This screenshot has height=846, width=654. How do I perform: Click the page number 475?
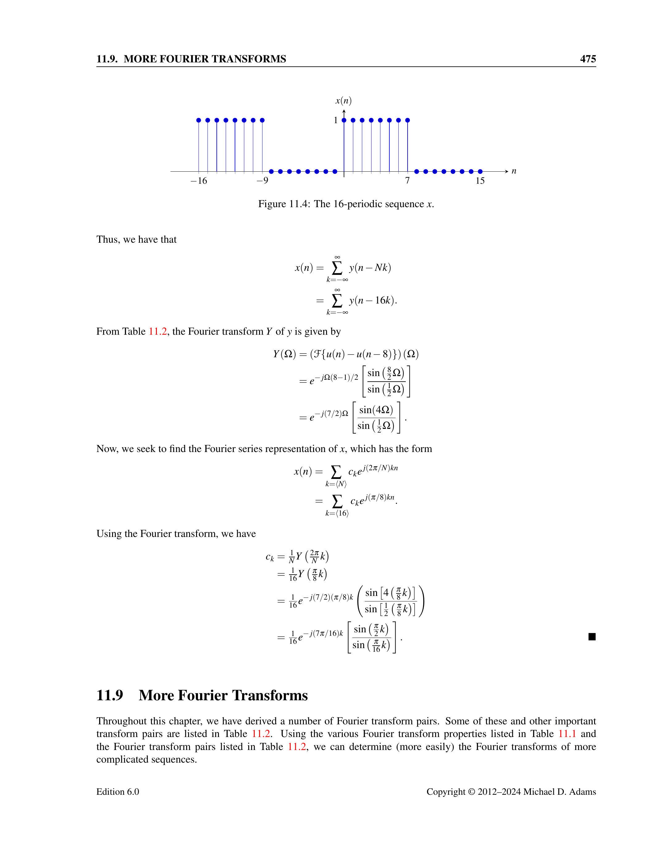[587, 59]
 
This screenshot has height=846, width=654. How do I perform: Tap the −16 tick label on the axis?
[199, 181]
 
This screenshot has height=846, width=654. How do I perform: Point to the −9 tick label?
[262, 181]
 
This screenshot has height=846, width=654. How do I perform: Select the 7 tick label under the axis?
[407, 181]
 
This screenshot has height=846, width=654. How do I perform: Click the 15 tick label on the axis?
[480, 181]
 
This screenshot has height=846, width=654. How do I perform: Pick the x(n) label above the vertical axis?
[343, 101]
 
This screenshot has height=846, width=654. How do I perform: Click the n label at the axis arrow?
[514, 171]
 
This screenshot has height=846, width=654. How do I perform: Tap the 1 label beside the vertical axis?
[336, 120]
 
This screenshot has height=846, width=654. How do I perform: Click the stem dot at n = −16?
[199, 120]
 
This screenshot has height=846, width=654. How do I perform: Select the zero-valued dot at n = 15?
[480, 171]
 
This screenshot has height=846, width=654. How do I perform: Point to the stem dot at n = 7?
[408, 120]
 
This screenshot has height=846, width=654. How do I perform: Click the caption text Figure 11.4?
[283, 204]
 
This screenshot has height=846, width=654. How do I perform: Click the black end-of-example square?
[592, 636]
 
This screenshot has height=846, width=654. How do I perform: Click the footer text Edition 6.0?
[117, 792]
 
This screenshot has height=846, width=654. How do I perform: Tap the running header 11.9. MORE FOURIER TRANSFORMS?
[191, 59]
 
